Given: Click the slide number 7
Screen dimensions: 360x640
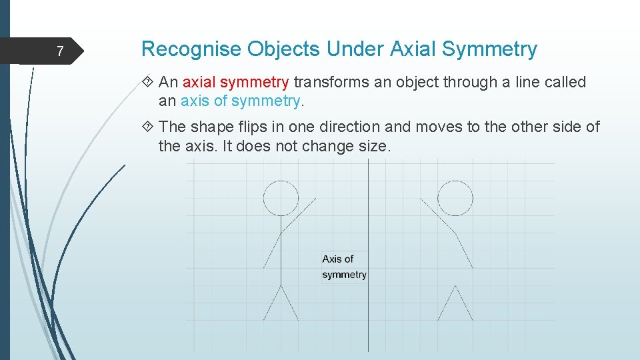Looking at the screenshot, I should [x=60, y=51].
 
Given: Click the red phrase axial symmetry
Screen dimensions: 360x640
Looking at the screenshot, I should [x=235, y=83].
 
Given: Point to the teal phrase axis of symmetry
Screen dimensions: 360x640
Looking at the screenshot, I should [x=241, y=101].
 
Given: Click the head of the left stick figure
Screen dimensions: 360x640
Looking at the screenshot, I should [x=281, y=197].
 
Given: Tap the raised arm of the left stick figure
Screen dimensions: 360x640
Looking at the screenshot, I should [x=298, y=214].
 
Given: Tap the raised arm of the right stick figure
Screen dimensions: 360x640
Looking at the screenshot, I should [x=437, y=215].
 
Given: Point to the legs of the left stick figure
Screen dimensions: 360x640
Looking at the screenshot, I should [x=281, y=303].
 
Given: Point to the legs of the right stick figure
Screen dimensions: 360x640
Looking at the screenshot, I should [x=455, y=303].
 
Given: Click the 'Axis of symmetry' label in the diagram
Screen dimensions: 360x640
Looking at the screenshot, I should [x=344, y=267].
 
